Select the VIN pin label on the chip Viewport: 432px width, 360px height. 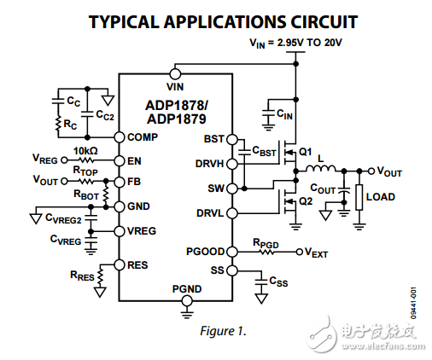[176, 86]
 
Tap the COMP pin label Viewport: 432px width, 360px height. [142, 137]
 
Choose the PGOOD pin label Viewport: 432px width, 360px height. [205, 251]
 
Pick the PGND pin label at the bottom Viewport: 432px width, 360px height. [186, 289]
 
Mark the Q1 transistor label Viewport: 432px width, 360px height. [304, 152]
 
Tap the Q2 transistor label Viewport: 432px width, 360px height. [304, 201]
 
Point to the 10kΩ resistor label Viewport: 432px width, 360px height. [85, 151]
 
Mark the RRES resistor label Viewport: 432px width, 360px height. [83, 275]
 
